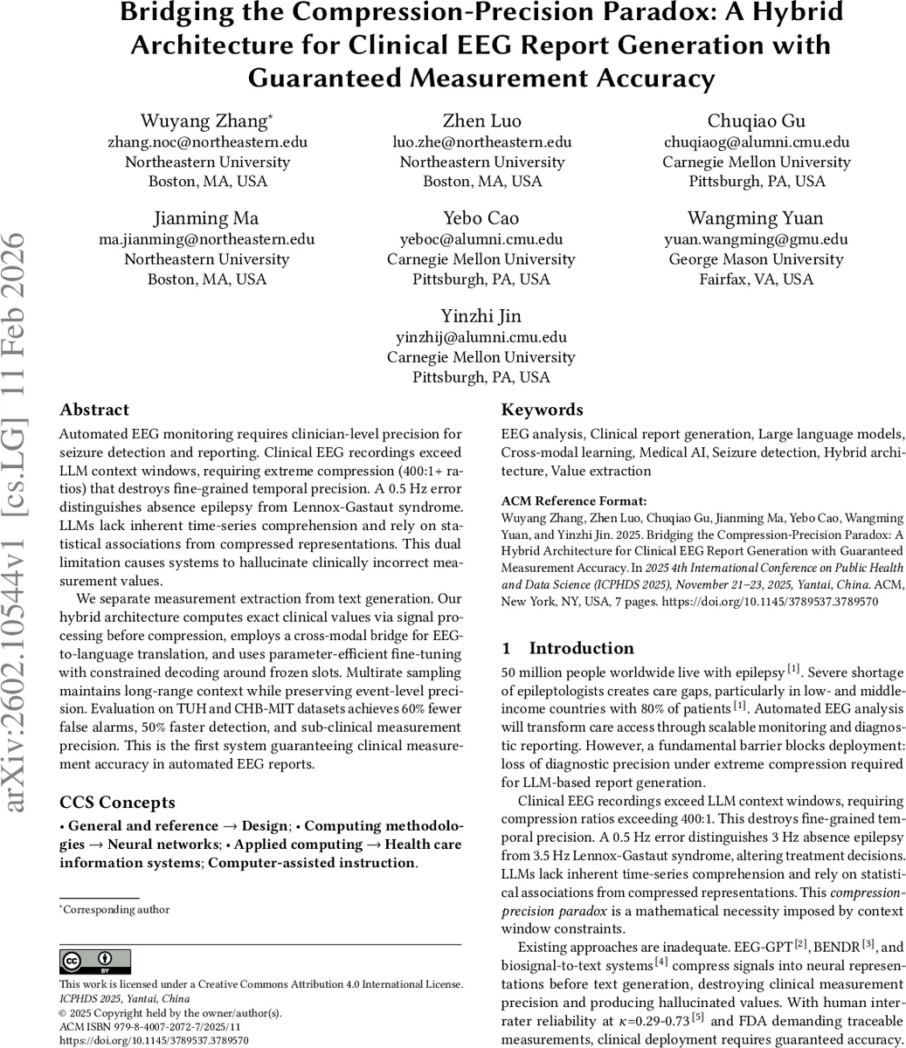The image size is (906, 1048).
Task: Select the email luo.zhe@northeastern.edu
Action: click(481, 141)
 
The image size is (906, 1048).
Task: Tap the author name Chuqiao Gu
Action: click(756, 121)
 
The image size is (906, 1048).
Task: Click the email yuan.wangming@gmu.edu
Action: click(756, 238)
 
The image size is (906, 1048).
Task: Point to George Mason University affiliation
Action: click(756, 259)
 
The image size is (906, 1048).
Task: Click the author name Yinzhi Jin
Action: click(481, 315)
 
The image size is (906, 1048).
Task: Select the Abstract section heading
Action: click(94, 410)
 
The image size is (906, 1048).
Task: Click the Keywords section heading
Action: click(542, 410)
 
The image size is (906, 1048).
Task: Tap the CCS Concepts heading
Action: click(117, 802)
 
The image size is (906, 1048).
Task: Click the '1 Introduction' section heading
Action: click(568, 648)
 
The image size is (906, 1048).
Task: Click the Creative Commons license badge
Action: click(94, 962)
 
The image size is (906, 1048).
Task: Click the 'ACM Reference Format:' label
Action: click(573, 501)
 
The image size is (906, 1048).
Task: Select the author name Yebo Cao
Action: click(481, 217)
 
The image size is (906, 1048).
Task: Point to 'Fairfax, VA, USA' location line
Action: click(756, 279)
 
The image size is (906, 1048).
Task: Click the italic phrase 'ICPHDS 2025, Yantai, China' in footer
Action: click(124, 998)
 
